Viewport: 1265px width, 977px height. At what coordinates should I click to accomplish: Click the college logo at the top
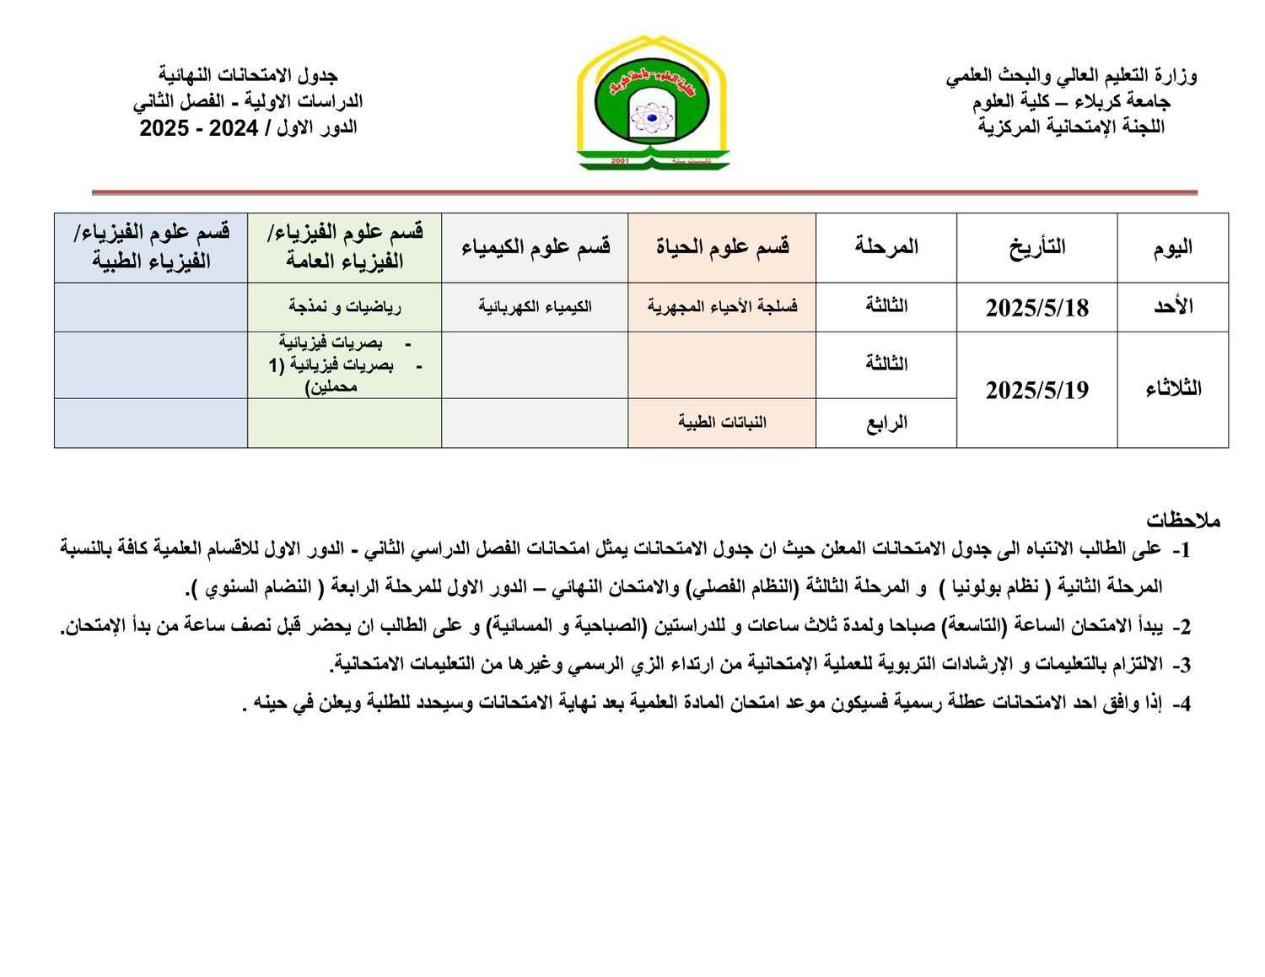(653, 103)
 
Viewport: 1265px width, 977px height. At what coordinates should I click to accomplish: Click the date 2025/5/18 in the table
(1036, 308)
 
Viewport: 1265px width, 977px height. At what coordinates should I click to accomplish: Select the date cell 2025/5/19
(1036, 390)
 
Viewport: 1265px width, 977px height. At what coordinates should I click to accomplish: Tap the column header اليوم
(1172, 247)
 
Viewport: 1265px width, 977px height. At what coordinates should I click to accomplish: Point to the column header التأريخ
(1036, 247)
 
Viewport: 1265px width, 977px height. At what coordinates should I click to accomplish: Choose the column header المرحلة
(885, 247)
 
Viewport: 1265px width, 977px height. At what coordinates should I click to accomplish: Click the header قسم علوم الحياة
(722, 247)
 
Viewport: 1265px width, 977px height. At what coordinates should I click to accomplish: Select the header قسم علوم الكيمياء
(535, 247)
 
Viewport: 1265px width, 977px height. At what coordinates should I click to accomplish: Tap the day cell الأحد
(1172, 307)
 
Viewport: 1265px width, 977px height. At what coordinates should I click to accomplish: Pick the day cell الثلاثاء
(1172, 389)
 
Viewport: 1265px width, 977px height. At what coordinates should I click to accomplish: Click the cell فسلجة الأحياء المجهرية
(722, 306)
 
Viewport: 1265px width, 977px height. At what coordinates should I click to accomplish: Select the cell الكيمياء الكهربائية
(535, 306)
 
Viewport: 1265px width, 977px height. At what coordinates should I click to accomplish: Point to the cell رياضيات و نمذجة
(344, 306)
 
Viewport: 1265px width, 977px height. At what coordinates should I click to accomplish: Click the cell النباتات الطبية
(722, 422)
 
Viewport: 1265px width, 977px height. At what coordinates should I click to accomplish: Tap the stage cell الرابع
(885, 423)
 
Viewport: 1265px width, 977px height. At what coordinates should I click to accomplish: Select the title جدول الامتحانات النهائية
(248, 76)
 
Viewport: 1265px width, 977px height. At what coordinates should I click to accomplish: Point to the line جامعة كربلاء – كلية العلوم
(1071, 102)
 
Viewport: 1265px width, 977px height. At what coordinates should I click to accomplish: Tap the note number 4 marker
(1182, 704)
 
